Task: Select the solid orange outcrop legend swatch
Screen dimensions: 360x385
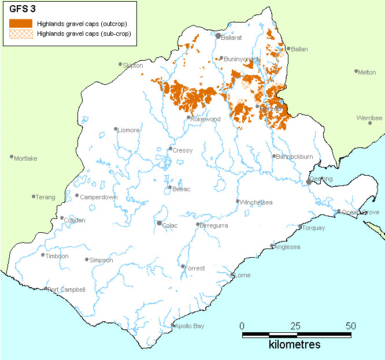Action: click(21, 23)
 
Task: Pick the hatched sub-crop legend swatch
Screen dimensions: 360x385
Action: click(21, 34)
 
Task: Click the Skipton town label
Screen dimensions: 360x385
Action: click(133, 66)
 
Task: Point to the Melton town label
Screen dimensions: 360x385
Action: click(367, 72)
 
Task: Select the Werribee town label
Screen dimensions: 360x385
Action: click(369, 118)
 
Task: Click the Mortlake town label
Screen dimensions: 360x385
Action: click(25, 158)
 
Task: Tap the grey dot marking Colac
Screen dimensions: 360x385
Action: click(160, 223)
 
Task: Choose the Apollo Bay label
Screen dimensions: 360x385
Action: click(190, 326)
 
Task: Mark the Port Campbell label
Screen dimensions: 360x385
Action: click(66, 290)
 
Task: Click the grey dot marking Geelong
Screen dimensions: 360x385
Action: click(309, 181)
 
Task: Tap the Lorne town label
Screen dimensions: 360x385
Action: click(243, 276)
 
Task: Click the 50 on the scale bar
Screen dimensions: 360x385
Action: click(351, 325)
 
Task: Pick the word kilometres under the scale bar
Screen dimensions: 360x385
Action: click(295, 345)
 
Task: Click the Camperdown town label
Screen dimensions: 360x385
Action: click(99, 197)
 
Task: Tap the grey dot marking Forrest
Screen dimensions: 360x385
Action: click(183, 266)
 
